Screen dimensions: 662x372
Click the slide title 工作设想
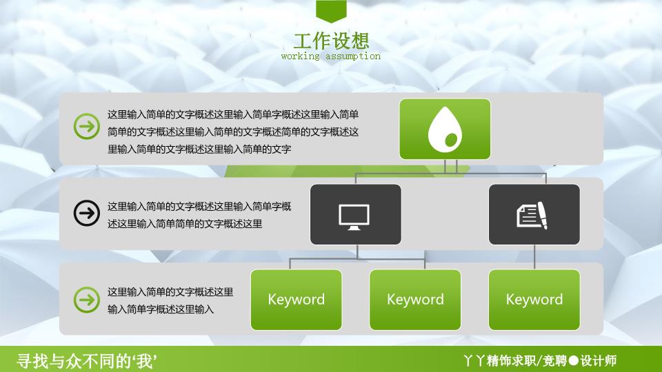tap(332, 41)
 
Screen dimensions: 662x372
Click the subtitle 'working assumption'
tap(330, 56)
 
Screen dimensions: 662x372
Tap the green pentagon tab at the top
tap(331, 11)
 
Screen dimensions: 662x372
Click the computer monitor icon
tap(354, 217)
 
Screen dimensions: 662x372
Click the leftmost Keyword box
tap(296, 300)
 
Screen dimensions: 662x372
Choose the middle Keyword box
tap(415, 300)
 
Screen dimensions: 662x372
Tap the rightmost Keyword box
tap(534, 300)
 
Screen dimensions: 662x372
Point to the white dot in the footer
tap(573, 360)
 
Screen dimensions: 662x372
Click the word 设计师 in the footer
tap(599, 360)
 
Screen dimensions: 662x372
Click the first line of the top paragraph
tap(233, 114)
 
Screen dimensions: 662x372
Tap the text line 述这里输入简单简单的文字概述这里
tap(185, 224)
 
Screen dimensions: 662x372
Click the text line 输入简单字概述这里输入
tap(161, 309)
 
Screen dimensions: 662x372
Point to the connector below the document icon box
tap(534, 257)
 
